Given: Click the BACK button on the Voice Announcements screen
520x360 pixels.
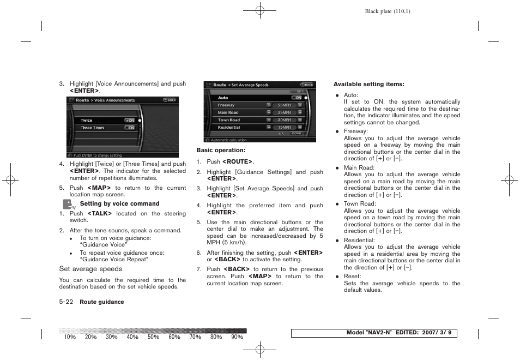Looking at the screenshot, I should (170, 100).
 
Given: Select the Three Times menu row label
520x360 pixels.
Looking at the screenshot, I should (92, 128).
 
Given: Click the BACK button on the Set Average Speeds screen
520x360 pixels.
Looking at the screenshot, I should (307, 85).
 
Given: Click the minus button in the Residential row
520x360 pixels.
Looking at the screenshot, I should (269, 127).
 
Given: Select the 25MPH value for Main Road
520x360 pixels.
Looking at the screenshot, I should (284, 112).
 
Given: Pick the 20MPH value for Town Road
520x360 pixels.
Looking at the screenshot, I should (284, 120).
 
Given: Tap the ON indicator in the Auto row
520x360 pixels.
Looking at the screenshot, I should (298, 98).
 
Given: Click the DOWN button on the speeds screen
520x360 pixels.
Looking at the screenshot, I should (296, 133).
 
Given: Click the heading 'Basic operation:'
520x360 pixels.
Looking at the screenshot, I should (221, 150).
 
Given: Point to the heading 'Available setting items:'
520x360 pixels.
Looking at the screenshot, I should (368, 84).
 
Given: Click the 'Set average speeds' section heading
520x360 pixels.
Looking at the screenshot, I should (90, 269).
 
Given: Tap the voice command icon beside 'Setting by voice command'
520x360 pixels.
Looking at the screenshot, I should (68, 205).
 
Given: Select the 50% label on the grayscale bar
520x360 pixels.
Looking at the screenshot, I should (153, 337).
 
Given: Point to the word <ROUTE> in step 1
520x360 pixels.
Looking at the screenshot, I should (237, 162).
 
